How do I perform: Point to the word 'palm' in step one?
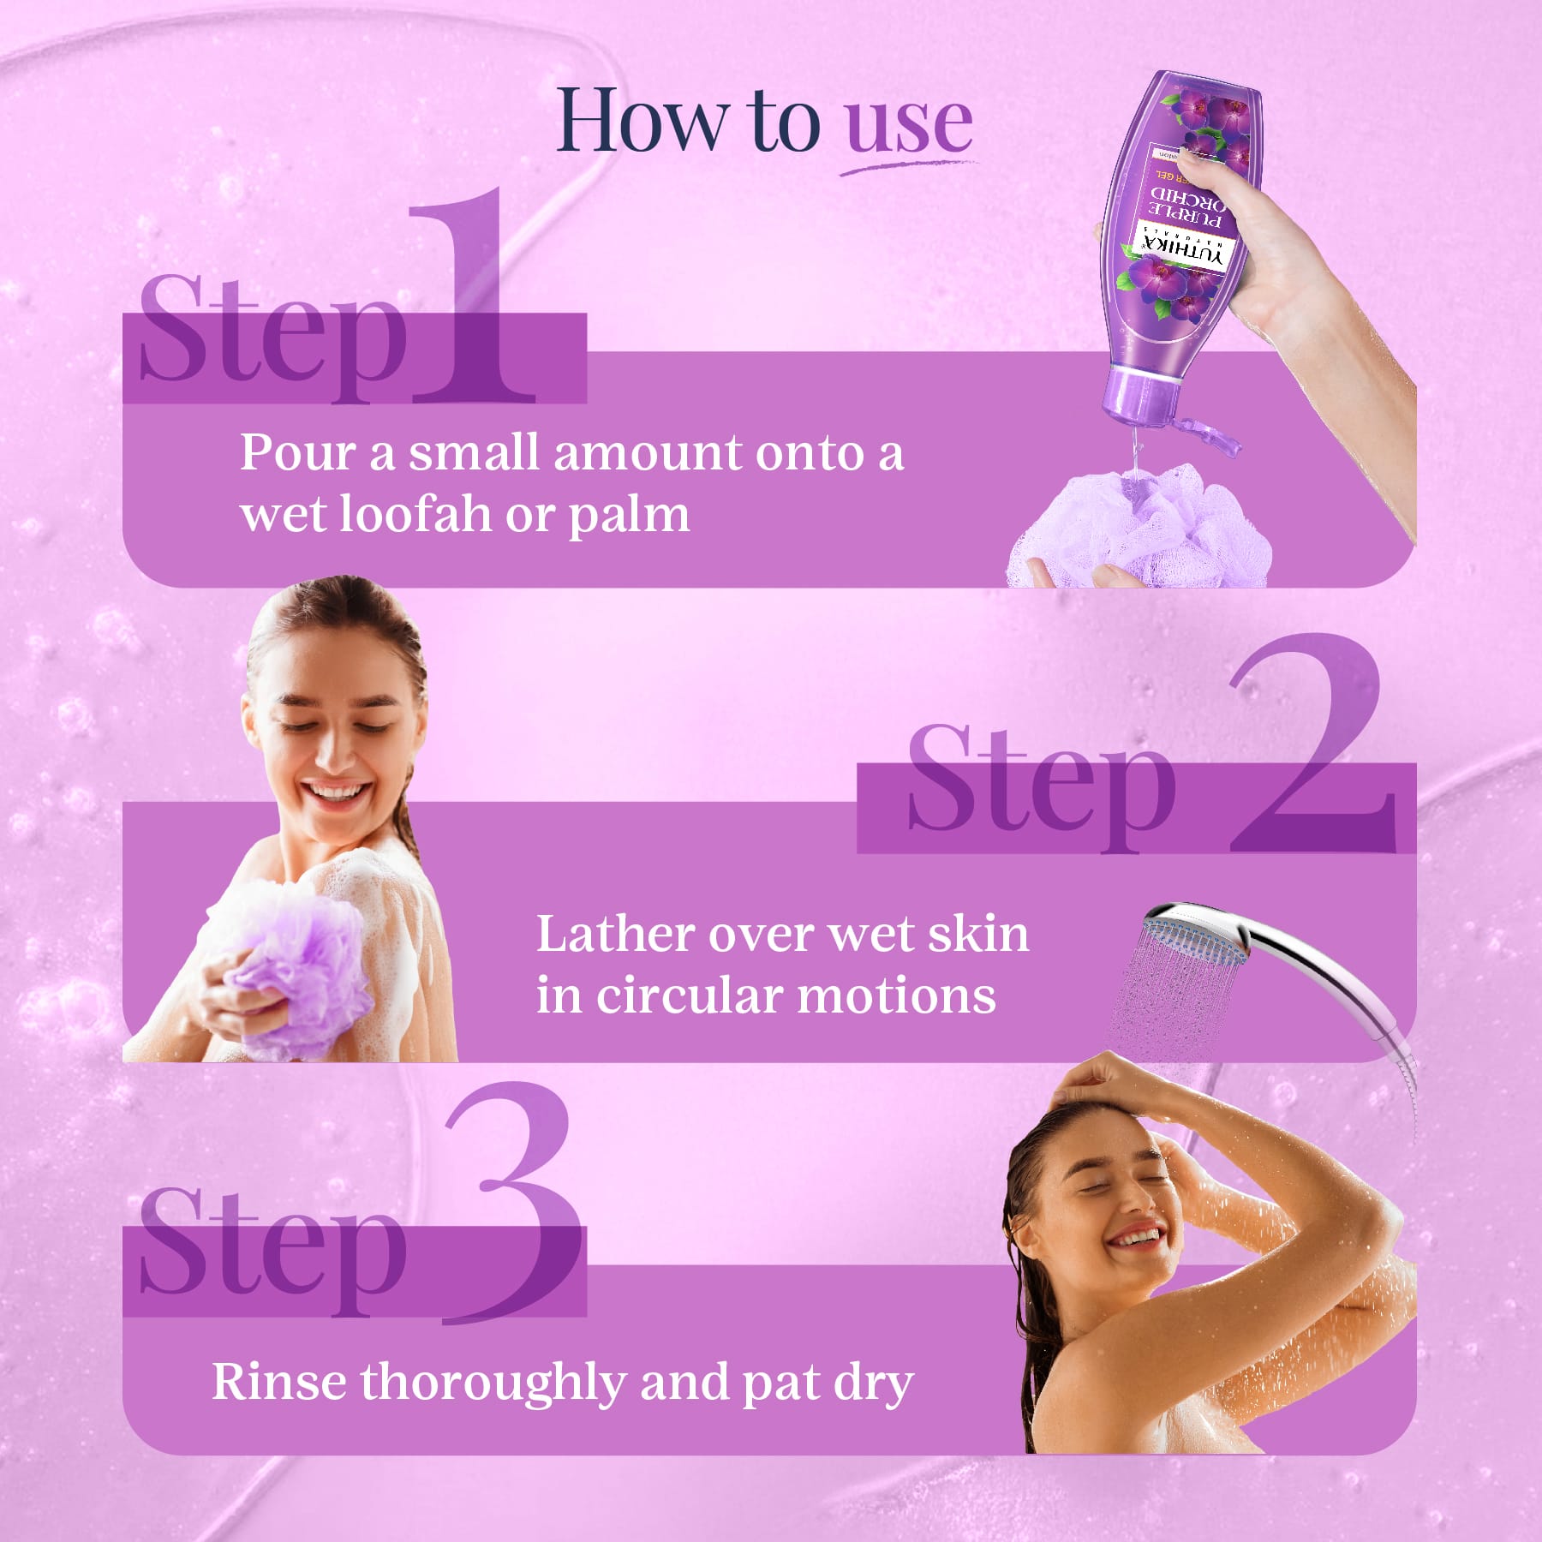[x=630, y=516]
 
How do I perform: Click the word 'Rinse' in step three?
[x=278, y=1382]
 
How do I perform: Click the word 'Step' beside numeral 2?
[x=1041, y=784]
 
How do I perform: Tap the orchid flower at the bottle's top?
[x=1208, y=116]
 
